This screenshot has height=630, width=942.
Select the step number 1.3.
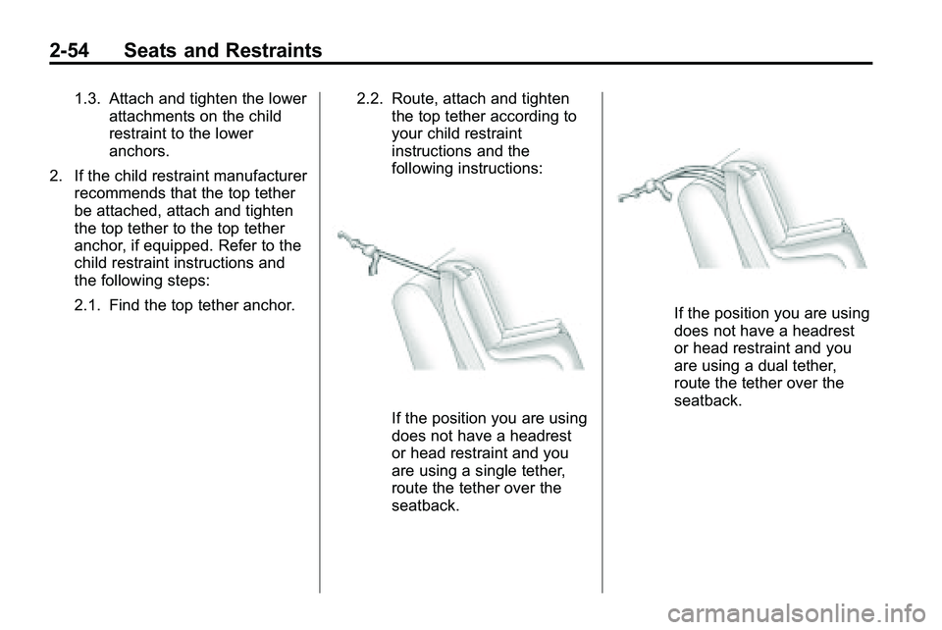(88, 98)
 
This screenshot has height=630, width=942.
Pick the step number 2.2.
(370, 98)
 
